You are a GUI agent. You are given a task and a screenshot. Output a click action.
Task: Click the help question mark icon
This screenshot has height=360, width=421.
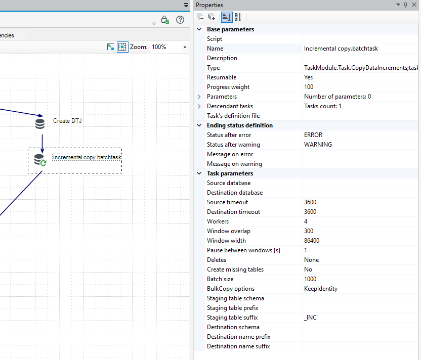180,20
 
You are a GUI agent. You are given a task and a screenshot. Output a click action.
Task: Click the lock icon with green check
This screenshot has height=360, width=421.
165,20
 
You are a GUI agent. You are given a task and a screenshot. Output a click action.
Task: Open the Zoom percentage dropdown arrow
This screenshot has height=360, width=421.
185,47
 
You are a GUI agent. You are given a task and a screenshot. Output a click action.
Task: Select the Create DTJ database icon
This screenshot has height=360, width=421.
40,124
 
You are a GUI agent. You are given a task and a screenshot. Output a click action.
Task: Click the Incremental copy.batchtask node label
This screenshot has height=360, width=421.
87,157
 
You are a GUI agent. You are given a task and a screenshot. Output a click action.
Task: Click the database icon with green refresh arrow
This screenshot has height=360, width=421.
40,160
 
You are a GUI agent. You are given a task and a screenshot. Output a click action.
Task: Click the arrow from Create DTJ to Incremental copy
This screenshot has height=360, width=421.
42,144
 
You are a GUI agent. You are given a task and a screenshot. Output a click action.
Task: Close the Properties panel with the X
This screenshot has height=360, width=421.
414,5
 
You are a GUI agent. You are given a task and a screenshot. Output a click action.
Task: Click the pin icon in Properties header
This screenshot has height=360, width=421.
405,5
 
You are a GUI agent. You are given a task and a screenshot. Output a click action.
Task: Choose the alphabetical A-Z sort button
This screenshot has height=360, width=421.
238,17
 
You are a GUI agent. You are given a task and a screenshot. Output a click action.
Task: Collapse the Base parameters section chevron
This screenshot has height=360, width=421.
199,29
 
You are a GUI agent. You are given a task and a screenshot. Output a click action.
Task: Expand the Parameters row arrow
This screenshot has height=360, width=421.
199,97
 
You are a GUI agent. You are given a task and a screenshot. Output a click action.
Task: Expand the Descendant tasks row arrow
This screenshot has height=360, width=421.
199,106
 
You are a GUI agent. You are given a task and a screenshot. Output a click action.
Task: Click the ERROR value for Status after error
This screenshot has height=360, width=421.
313,135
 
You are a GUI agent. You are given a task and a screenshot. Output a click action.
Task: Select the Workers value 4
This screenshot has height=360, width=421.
306,221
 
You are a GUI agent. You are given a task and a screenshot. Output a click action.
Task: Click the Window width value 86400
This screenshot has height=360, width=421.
312,241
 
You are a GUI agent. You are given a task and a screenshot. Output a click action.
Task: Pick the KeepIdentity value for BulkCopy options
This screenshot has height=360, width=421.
321,289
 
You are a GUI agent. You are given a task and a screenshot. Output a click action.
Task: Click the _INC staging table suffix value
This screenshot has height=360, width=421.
310,318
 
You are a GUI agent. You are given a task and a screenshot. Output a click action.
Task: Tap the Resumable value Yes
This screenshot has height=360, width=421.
308,77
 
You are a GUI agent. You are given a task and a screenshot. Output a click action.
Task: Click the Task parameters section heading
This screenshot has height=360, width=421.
230,173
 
